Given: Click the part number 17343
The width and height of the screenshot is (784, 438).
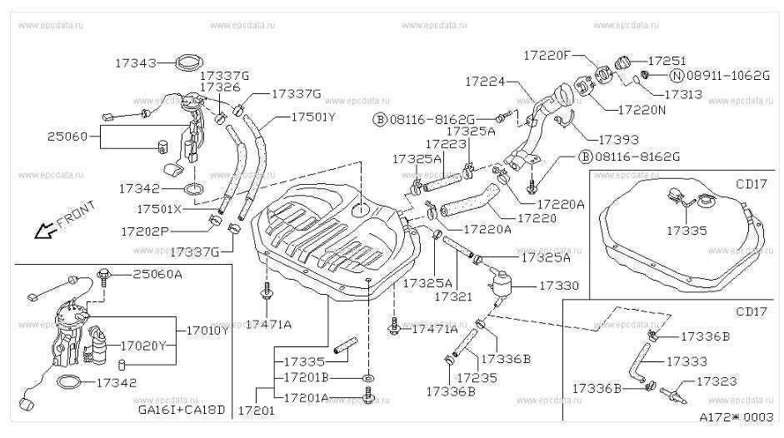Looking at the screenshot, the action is click(x=136, y=63).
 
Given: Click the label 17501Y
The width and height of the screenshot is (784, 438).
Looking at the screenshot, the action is click(x=313, y=117).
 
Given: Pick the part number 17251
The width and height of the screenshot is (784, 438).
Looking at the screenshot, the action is click(x=667, y=61).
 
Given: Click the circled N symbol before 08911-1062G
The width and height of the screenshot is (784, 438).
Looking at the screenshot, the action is click(x=677, y=76).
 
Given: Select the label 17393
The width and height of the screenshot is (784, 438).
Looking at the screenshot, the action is click(x=618, y=140).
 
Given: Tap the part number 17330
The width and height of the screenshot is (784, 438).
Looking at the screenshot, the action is click(x=559, y=286).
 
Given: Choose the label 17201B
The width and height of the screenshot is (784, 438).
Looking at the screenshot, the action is click(x=306, y=377).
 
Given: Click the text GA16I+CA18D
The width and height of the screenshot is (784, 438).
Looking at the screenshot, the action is click(x=182, y=410).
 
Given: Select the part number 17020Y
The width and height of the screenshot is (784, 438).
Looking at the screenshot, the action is click(x=143, y=346).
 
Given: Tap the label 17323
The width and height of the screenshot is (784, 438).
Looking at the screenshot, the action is click(x=717, y=381).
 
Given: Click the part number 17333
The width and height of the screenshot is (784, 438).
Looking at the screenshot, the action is click(x=687, y=361).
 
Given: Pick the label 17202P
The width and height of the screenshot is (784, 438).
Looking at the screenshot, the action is click(x=144, y=231).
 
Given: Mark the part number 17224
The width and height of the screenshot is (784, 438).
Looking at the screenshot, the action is click(x=486, y=81).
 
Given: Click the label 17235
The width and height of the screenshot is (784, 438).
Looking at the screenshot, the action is click(x=477, y=377).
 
